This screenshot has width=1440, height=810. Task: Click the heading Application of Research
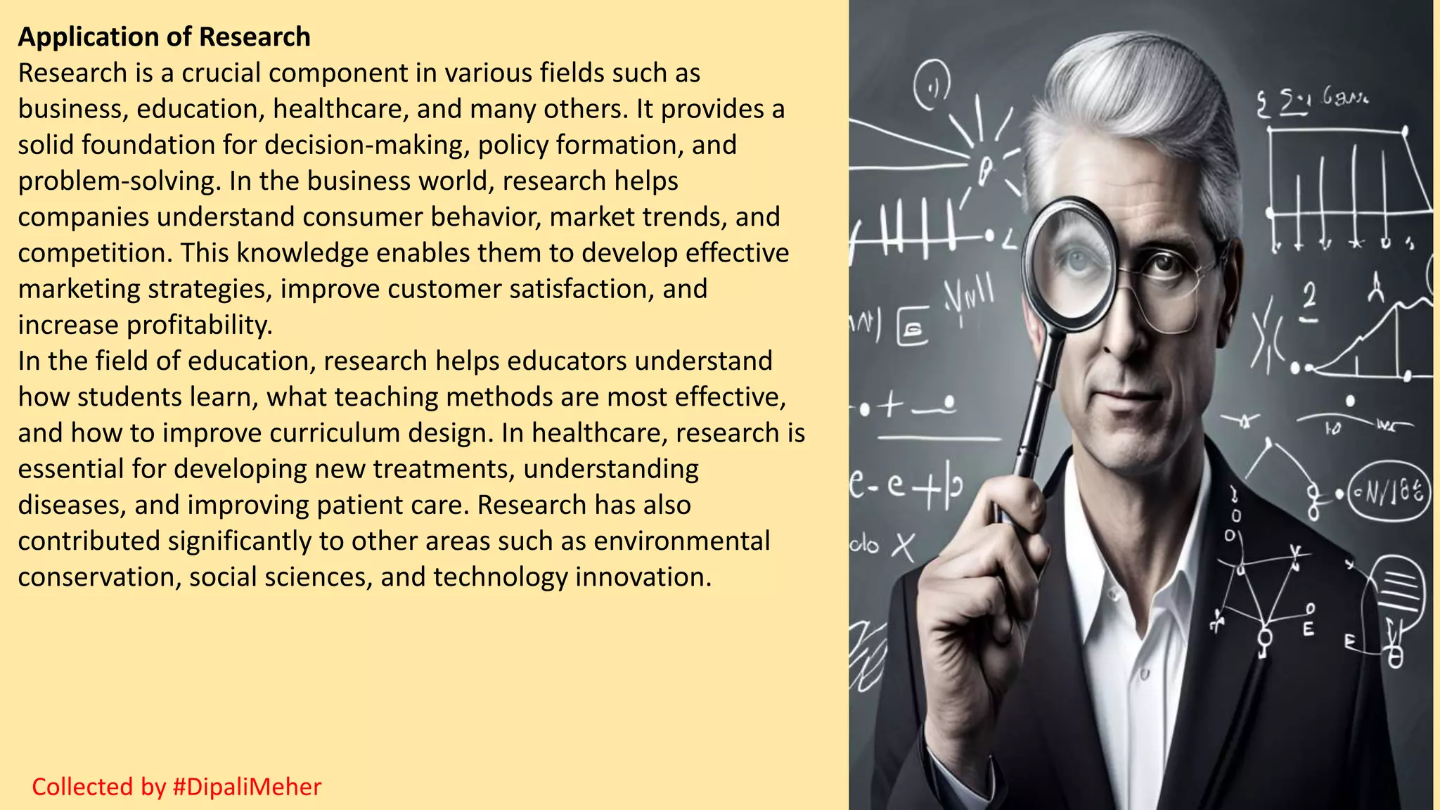coord(164,37)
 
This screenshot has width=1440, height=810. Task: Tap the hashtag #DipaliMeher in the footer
coord(247,787)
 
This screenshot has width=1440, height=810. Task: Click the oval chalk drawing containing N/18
coord(1389,491)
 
